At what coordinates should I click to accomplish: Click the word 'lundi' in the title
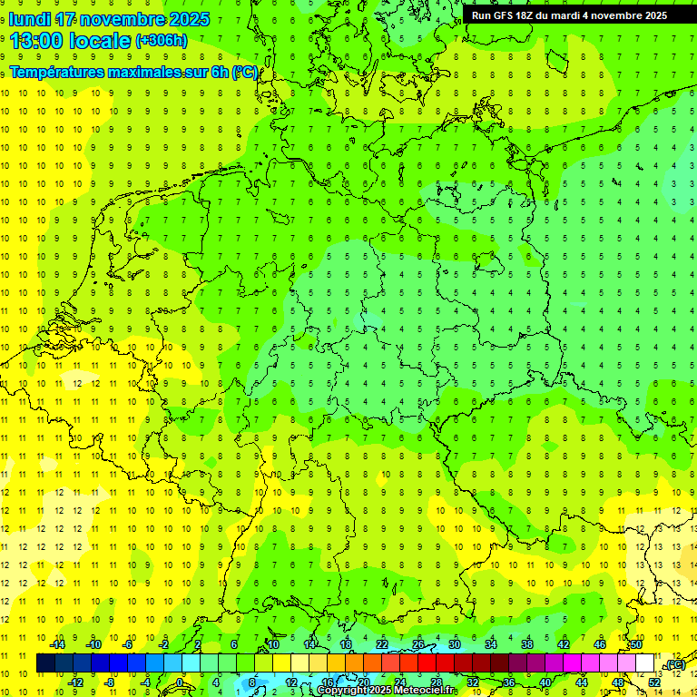[x=30, y=19]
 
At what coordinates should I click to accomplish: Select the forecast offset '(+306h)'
[x=161, y=41]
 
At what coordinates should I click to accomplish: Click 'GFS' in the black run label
[x=507, y=15]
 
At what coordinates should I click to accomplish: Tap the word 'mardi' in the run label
[x=579, y=15]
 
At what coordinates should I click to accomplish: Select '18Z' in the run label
[x=531, y=15]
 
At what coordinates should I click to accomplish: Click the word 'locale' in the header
[x=103, y=40]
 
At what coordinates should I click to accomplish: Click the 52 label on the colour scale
[x=654, y=682]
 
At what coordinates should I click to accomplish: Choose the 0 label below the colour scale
[x=180, y=682]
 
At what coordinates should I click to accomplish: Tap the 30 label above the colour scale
[x=455, y=644]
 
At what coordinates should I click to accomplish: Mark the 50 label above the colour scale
[x=635, y=644]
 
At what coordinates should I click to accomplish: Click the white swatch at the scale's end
[x=645, y=663]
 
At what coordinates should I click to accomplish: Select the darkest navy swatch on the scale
[x=45, y=663]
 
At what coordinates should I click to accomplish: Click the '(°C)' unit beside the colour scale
[x=674, y=665]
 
